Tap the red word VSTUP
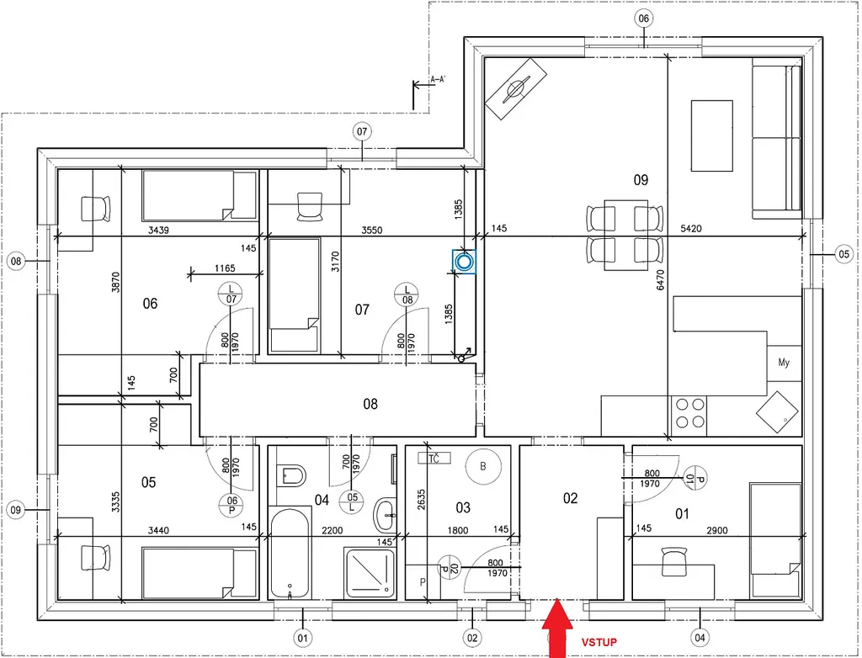pos(599,642)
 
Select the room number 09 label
pos(641,180)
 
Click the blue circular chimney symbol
pos(464,262)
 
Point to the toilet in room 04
pos(292,475)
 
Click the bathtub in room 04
pos(290,553)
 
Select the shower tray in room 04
pos(370,573)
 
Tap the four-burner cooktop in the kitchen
pos(689,413)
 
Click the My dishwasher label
pos(784,363)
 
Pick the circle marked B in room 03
pos(483,466)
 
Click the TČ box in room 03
pos(434,458)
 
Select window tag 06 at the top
pos(644,19)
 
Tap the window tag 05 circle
pos(843,254)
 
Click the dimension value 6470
pos(660,280)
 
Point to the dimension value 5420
pos(691,229)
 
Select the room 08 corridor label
pos(370,404)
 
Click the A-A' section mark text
pos(438,80)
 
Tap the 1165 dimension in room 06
pos(225,268)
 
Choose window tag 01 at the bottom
pos(302,638)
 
